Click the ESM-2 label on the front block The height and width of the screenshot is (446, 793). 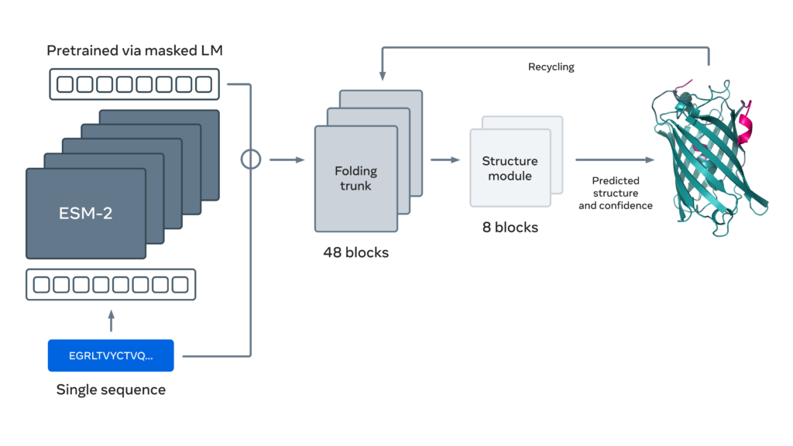coord(85,213)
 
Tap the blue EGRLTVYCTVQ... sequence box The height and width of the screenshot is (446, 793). coord(111,355)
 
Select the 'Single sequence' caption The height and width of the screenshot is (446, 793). coord(111,389)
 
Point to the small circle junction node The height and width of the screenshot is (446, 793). coord(251,160)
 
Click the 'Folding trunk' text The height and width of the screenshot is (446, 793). coord(355,177)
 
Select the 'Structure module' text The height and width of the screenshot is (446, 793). coord(510,169)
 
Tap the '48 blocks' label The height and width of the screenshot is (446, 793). coord(355,252)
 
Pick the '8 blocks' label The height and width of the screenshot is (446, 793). coord(510,228)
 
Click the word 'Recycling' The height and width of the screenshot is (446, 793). coord(551,67)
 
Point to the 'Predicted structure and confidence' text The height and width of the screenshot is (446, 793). coord(615,193)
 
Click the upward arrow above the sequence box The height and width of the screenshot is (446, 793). coord(111,321)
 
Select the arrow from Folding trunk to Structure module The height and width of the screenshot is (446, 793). coord(445,160)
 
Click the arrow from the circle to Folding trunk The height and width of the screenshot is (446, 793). coord(286,160)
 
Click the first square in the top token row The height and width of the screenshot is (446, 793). coord(64,84)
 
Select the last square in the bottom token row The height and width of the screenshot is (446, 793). coord(179,284)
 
